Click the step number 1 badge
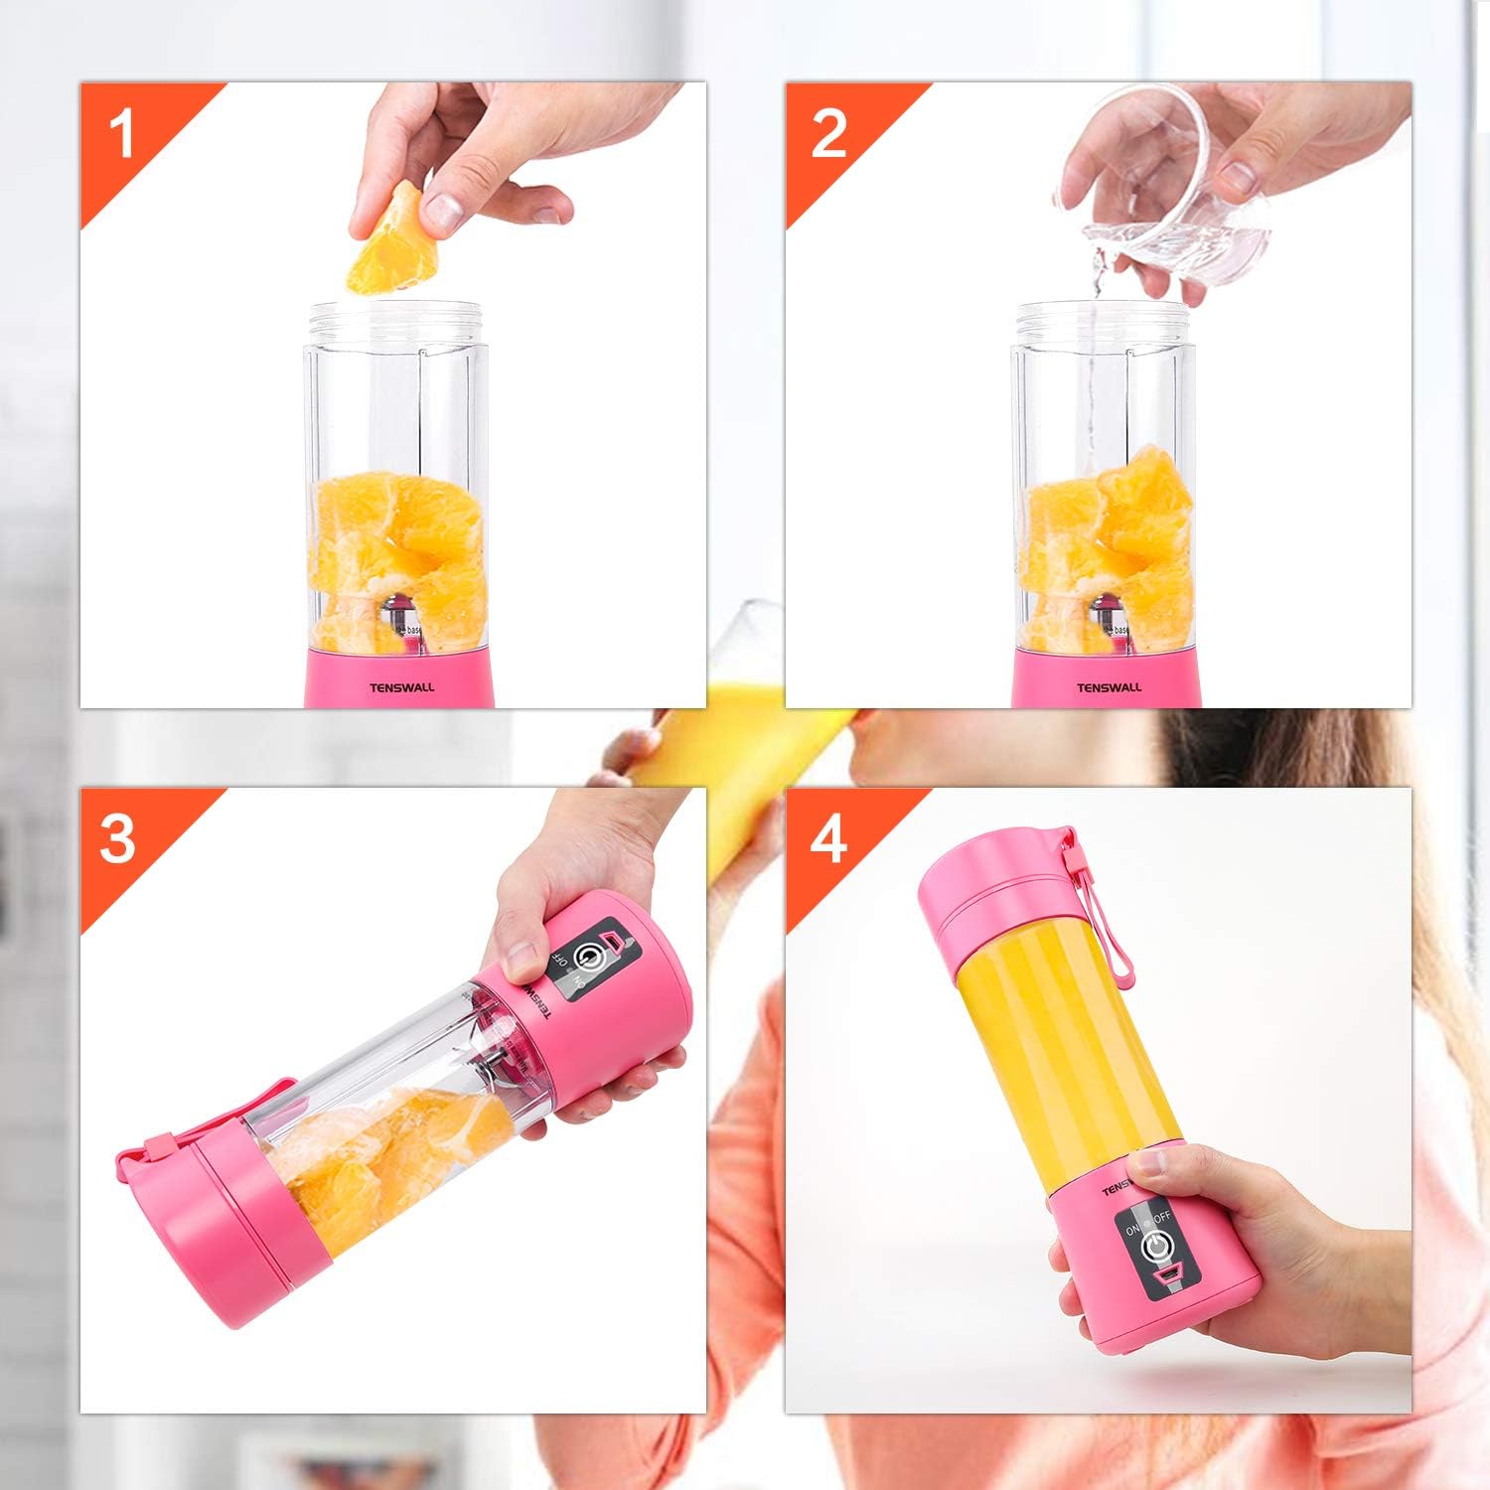pos(122,134)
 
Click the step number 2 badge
pos(828,134)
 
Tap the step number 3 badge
pos(118,838)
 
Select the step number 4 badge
pos(827,838)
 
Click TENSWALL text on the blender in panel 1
pos(401,687)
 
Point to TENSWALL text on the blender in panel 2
pos(1110,687)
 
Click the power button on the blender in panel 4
pos(1156,1247)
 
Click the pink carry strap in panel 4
pos(1105,914)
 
